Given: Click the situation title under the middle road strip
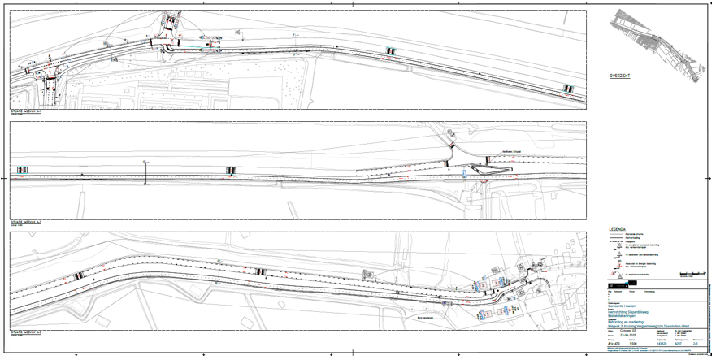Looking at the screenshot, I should coord(28,220).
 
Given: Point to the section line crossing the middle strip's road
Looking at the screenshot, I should coord(145,172).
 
